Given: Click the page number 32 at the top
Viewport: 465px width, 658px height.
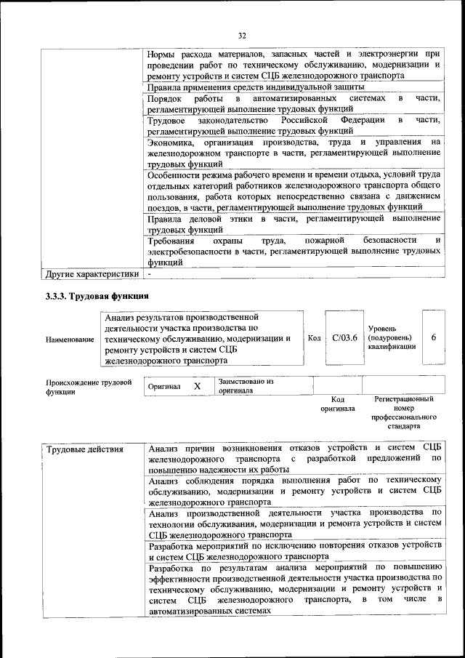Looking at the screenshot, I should click(243, 34).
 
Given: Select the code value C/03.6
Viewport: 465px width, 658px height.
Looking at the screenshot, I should click(344, 337).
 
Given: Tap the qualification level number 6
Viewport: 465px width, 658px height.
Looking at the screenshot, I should click(433, 337).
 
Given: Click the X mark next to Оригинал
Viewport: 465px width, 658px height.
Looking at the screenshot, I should click(197, 386).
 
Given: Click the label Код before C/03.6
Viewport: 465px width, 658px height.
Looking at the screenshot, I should click(315, 337).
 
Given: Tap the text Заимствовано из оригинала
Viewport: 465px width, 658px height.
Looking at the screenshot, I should click(246, 385).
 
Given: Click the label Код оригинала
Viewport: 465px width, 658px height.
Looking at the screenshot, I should click(338, 404).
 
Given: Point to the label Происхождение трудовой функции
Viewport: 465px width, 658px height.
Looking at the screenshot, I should click(88, 386).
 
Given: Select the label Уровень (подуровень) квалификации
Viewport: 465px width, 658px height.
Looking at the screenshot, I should click(392, 337).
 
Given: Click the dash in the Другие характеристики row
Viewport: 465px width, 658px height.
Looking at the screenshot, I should click(150, 275).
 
